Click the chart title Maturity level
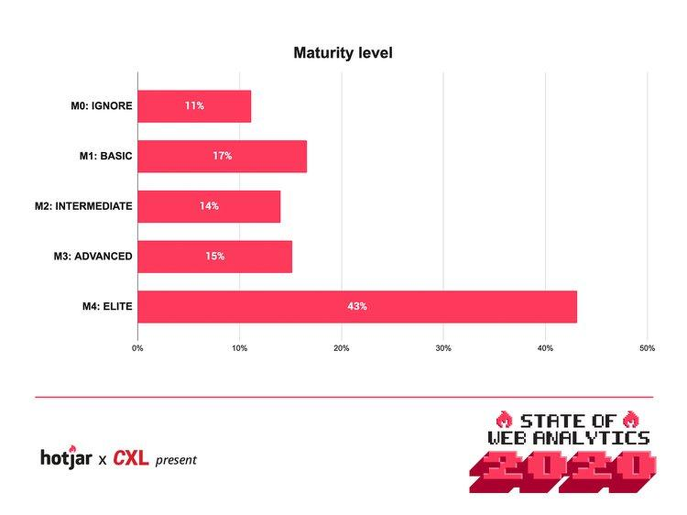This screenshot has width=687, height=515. pos(343,53)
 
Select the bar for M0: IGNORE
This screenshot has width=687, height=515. pos(194,106)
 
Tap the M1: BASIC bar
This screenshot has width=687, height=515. pos(222,156)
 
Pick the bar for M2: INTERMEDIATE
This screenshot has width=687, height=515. pos(209,207)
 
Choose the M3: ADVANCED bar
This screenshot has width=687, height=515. pos(215,257)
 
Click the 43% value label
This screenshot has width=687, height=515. pos(357,306)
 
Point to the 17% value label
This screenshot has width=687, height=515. pos(222,156)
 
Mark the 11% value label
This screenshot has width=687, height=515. pos(194,106)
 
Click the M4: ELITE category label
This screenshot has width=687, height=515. pos(107,306)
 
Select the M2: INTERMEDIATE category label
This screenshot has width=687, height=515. pos(83,206)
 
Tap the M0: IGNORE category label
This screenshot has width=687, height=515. pos(101,106)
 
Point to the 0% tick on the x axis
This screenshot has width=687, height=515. pos(137,348)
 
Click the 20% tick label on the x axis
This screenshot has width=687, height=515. pos(342,348)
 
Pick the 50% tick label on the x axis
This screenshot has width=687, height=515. pos(647,348)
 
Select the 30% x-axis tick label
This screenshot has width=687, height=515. pos(443,348)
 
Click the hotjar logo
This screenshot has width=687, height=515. pos(66,458)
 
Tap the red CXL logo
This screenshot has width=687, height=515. pos(131,458)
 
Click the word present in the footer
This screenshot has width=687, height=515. pos(176,460)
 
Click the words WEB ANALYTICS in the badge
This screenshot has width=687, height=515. pos(568,438)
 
